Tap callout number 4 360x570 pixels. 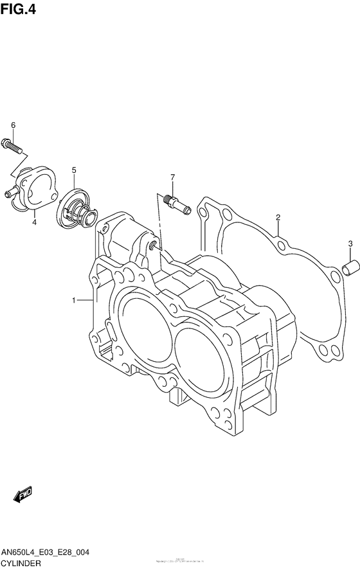click(34, 222)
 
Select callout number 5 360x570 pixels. click(74, 170)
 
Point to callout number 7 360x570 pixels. click(172, 177)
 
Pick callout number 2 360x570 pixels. click(278, 217)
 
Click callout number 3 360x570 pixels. click(350, 243)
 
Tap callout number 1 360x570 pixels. click(75, 300)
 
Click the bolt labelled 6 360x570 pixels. click(13, 145)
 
